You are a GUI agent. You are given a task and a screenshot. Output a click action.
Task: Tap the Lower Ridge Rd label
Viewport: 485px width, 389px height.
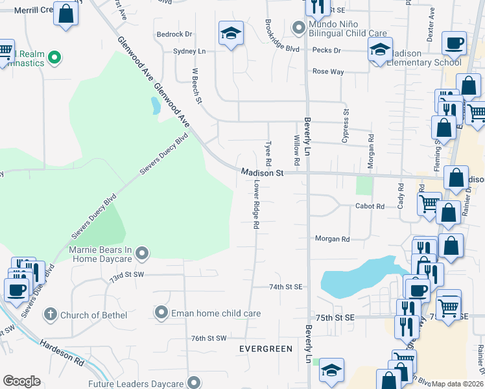point(256,205)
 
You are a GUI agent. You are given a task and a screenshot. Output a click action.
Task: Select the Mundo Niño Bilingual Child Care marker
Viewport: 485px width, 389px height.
point(298,27)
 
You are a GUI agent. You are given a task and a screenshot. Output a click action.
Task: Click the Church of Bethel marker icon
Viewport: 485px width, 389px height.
point(50,316)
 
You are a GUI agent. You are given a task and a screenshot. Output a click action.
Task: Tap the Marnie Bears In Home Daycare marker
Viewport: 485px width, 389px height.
point(143,253)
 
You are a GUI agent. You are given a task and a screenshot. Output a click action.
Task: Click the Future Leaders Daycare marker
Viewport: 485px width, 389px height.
point(193,383)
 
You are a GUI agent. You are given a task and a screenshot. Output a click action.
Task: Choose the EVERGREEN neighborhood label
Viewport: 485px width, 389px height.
point(265,349)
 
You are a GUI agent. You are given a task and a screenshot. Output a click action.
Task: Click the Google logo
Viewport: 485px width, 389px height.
point(21,381)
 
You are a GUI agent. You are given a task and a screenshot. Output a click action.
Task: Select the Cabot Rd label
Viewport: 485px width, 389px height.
point(370,206)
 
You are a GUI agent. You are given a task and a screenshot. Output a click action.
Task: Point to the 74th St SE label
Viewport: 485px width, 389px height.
point(286,287)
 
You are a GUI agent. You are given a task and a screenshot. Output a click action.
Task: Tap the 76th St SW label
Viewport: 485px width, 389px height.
point(208,338)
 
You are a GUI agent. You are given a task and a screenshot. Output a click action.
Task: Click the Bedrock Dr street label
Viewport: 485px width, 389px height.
point(174,34)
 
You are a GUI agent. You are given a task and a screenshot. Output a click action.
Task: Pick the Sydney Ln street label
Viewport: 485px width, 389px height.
point(189,51)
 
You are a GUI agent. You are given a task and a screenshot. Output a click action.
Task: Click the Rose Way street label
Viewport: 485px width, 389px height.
point(328,72)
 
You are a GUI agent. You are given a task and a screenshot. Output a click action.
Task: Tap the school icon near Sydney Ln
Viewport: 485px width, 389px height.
point(230,33)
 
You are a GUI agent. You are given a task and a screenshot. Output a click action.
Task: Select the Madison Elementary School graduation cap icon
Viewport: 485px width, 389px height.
point(380,49)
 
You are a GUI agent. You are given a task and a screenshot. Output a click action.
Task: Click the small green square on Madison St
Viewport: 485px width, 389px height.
point(365,185)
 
